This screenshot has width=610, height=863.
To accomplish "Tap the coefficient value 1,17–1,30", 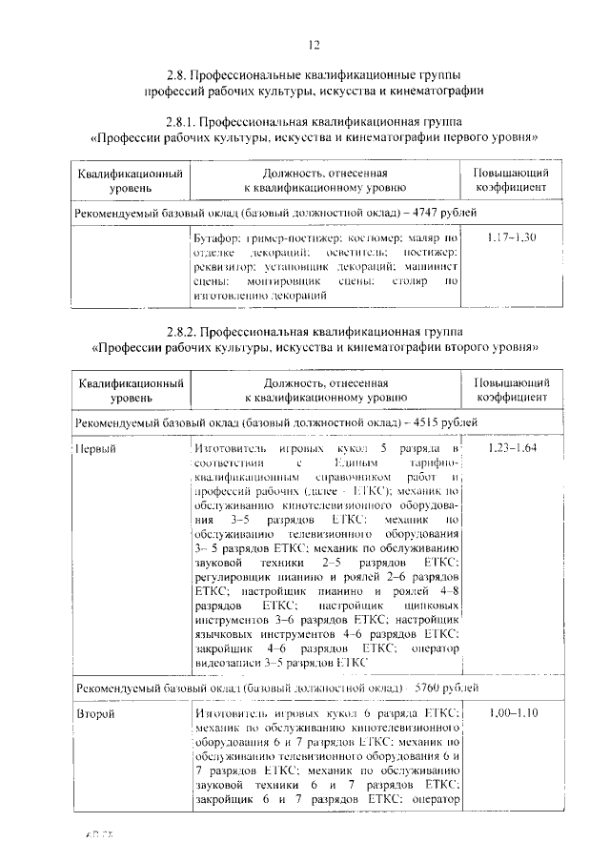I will (511, 236).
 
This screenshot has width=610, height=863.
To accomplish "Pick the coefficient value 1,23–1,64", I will (511, 447).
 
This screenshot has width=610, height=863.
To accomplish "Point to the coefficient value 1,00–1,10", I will (511, 712).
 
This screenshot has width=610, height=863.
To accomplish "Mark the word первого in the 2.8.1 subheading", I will (469, 138).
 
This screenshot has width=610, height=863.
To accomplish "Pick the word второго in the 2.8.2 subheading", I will (470, 348).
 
